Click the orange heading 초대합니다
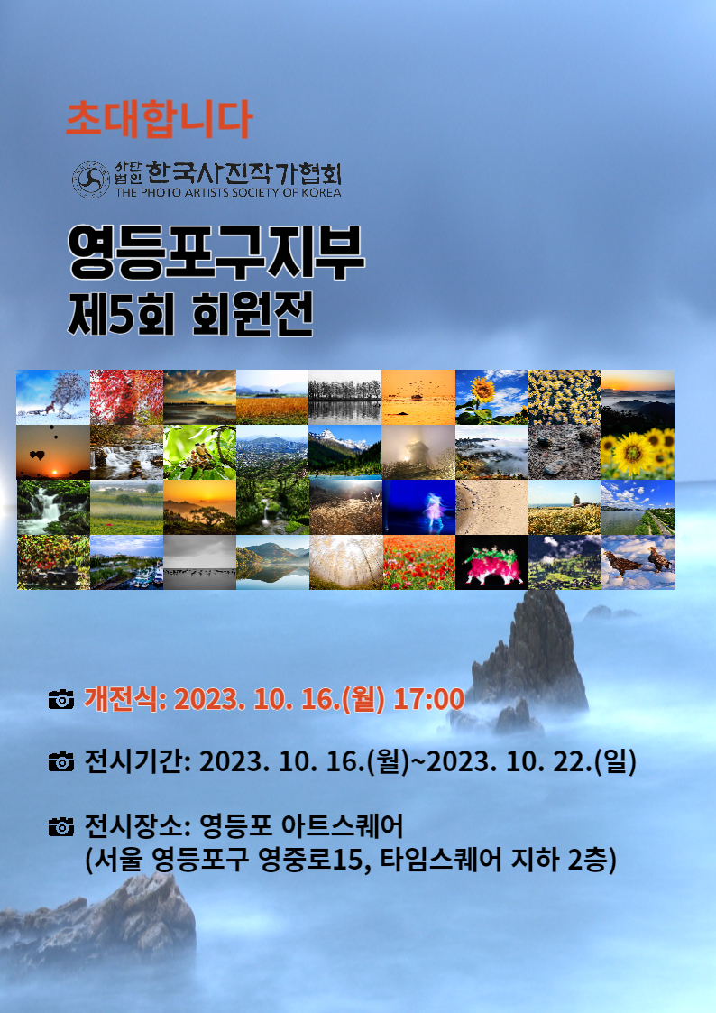159,119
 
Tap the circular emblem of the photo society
90,179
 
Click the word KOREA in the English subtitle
321,192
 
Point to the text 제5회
122,315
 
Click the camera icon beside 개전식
61,699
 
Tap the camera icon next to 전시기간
61,761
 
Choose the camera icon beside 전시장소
61,826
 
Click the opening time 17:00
429,699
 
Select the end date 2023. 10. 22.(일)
531,761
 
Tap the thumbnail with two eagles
638,562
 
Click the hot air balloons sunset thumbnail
53,452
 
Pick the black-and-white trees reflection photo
344,397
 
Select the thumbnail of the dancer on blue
418,507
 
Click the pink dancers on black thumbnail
492,562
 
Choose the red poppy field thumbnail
418,562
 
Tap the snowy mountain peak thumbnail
344,452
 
